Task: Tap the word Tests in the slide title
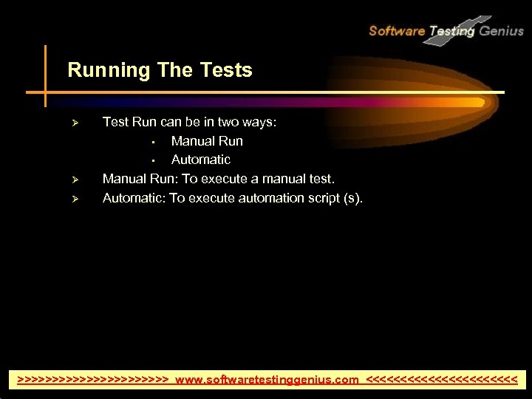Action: [226, 71]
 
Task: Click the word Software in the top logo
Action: [397, 31]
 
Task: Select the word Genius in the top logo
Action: [501, 31]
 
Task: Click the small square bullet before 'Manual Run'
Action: [151, 142]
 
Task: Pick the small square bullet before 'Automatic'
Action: [151, 160]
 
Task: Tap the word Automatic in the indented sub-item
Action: [201, 160]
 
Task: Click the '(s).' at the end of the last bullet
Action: [354, 198]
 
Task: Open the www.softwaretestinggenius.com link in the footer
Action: [267, 380]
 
